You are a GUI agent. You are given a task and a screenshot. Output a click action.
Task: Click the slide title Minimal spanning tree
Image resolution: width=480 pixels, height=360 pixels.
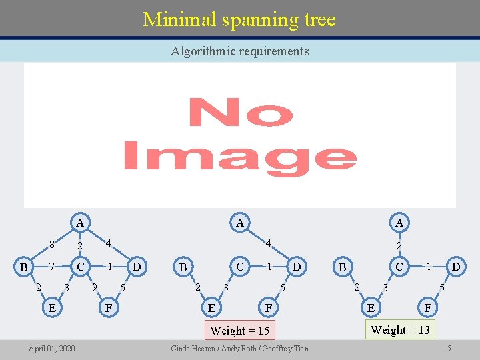[239, 19]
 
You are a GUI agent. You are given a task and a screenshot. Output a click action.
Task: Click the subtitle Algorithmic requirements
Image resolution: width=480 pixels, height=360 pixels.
[239, 51]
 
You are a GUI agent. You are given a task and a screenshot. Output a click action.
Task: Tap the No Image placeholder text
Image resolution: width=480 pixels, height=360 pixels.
[240, 134]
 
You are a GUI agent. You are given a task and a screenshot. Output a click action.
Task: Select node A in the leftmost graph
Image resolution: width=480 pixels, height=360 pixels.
[79, 223]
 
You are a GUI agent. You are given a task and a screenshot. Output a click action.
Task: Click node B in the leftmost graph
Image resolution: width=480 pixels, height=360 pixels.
[23, 267]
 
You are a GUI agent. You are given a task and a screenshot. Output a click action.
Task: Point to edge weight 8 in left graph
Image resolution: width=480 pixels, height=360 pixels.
[51, 245]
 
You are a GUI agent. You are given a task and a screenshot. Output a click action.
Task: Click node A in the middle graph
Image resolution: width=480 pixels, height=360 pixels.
[239, 223]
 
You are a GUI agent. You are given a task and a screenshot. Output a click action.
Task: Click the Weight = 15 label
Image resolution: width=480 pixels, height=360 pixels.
[239, 331]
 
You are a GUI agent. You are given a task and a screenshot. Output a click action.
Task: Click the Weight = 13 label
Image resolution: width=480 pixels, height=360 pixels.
[399, 329]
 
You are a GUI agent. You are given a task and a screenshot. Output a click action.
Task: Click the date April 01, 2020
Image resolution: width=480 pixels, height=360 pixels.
[51, 349]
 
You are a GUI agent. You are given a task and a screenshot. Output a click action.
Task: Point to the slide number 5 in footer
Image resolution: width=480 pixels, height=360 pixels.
[449, 349]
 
